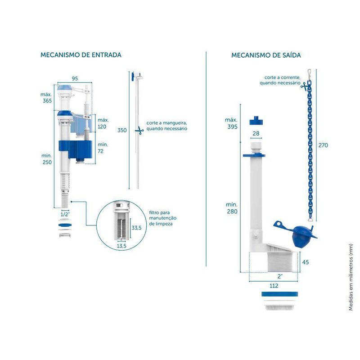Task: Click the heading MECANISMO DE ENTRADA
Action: click(x=81, y=55)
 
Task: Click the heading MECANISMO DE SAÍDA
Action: click(x=266, y=55)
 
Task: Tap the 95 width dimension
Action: click(x=75, y=78)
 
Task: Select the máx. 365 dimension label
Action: click(x=46, y=98)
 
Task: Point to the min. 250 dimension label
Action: click(x=46, y=158)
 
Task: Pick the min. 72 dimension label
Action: click(x=103, y=148)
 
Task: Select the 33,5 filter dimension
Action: click(x=136, y=228)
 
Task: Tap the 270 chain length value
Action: click(x=323, y=145)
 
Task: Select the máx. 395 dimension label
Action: click(x=231, y=123)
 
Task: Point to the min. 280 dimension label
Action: click(x=231, y=208)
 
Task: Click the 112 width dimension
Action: click(x=274, y=285)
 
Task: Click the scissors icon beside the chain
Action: click(x=307, y=84)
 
